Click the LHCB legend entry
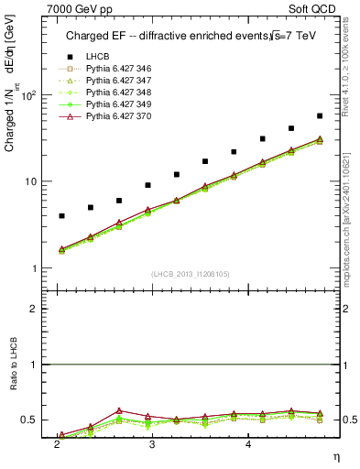[97, 57]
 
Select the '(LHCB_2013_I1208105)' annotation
[190, 274]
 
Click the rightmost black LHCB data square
[320, 116]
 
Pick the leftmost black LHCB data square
[61, 216]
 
